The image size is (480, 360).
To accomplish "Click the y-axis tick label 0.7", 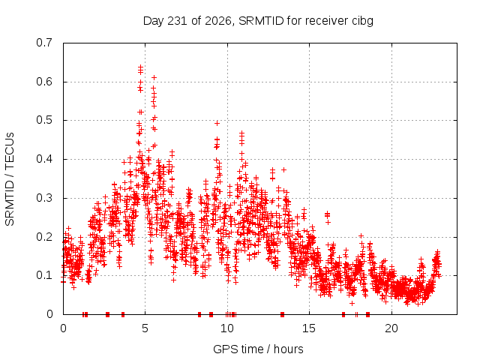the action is pos(44,42).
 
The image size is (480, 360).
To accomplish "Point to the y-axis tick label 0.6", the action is pos(44,82).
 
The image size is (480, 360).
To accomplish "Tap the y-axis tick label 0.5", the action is pos(44,120).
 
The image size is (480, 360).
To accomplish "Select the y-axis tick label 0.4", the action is pos(44,159).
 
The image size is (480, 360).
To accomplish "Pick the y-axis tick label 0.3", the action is pos(44,198).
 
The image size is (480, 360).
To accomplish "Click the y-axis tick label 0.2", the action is pos(44,237).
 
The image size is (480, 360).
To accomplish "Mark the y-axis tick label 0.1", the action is pos(44,275).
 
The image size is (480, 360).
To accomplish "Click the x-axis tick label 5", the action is pos(145,328).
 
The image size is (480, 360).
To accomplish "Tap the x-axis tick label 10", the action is pos(226,328).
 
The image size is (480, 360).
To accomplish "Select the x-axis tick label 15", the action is pos(309,328).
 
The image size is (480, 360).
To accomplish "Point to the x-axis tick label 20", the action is pos(391,328).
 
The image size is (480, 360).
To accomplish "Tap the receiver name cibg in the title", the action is pos(362,21).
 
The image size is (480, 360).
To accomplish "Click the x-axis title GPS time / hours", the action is pos(258,349).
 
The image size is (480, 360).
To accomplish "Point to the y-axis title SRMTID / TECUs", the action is pos(10,179).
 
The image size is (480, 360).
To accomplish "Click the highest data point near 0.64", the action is pos(140,67).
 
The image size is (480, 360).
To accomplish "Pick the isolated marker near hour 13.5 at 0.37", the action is pos(283,169).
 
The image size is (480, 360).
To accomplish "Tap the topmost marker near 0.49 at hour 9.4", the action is pos(217,123).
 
